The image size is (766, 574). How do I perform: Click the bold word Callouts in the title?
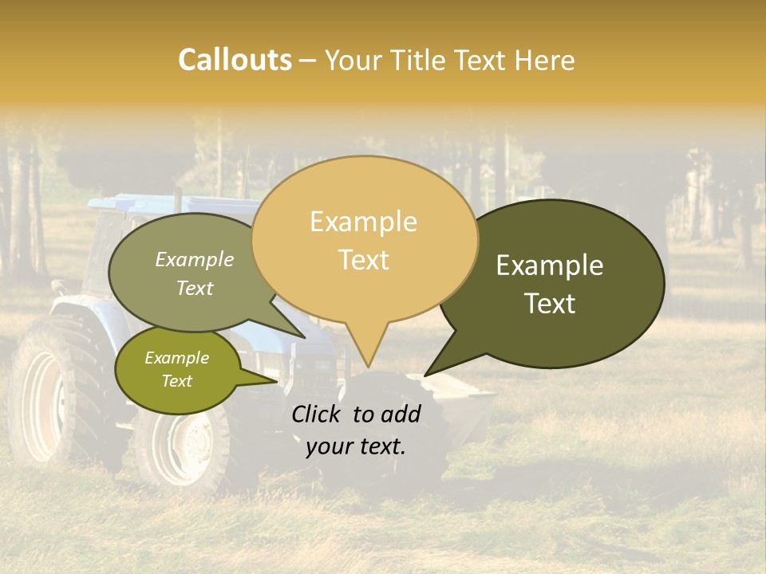235,60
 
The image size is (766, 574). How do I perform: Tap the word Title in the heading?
421,61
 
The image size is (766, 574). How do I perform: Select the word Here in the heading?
546,61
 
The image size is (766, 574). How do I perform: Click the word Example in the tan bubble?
363,222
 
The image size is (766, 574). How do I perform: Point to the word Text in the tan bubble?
364,260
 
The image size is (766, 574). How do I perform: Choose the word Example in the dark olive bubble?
550,265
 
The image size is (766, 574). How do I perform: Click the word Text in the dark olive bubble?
551,304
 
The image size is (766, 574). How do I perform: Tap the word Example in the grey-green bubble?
195,260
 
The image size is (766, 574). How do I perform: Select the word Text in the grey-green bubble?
195,288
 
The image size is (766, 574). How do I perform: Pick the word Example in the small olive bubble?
176,358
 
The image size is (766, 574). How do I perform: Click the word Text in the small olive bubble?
176,381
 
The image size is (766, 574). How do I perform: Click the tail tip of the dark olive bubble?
426,375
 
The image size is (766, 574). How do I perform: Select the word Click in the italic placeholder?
317,414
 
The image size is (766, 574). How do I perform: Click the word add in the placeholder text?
401,414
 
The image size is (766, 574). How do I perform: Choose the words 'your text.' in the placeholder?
356,446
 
